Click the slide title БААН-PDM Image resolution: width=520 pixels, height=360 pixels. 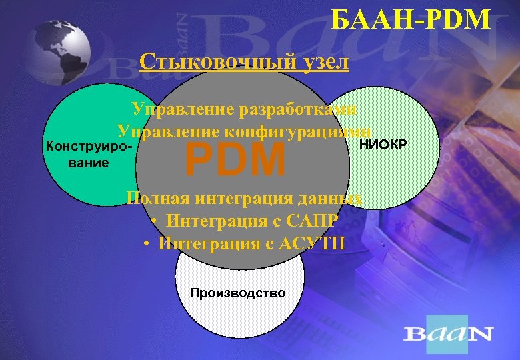coord(410,20)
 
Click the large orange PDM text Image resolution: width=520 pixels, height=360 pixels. coord(235,160)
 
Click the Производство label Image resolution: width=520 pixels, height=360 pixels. coord(237,293)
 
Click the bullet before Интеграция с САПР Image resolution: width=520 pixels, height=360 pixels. coord(154,221)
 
